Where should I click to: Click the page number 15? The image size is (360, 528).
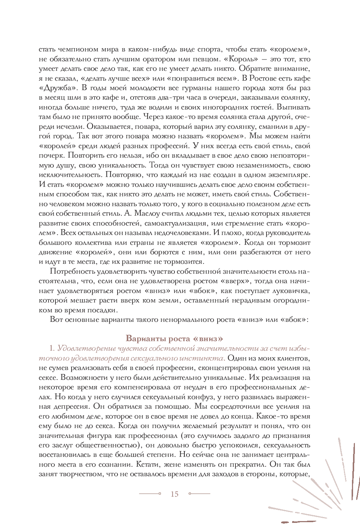[175, 494]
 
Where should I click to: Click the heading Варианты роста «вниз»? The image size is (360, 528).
[174, 338]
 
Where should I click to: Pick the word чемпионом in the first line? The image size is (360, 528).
[77, 49]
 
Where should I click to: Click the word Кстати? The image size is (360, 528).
[148, 465]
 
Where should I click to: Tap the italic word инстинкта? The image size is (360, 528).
[203, 358]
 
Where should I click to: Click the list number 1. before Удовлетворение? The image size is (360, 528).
[52, 348]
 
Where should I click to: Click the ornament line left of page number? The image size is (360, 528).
[150, 494]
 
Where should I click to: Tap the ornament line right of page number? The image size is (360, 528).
[199, 494]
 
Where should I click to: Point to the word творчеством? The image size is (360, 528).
[77, 474]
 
